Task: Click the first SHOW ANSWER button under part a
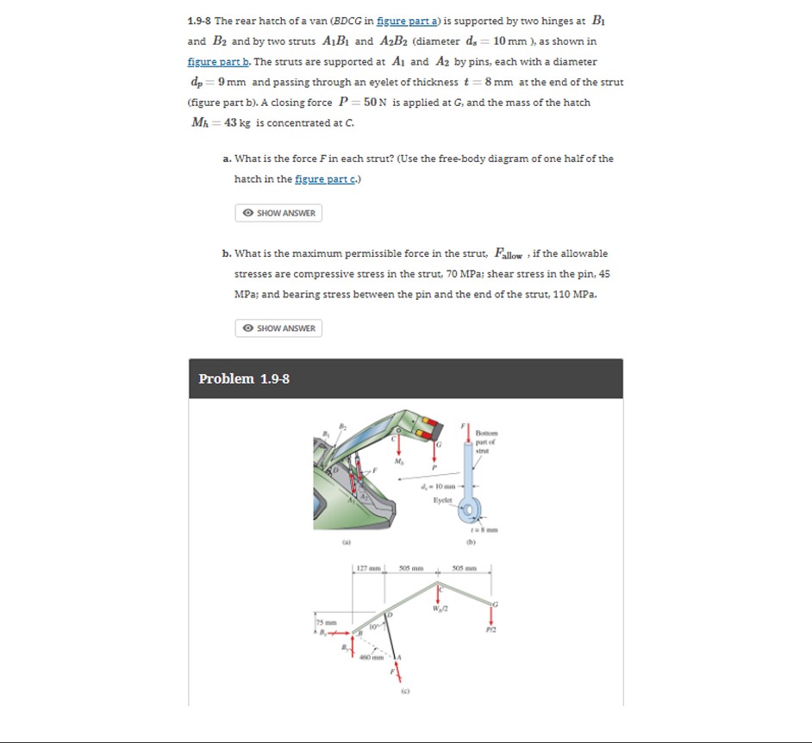[x=278, y=213]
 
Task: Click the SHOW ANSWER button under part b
[x=278, y=328]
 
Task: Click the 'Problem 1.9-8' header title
[x=244, y=379]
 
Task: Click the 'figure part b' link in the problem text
[x=218, y=61]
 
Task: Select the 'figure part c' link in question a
[x=327, y=178]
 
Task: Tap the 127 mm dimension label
[x=367, y=569]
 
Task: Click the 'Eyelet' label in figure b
[x=443, y=499]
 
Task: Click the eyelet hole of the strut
[x=471, y=511]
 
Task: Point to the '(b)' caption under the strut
[x=472, y=544]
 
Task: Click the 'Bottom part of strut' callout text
[x=486, y=441]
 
